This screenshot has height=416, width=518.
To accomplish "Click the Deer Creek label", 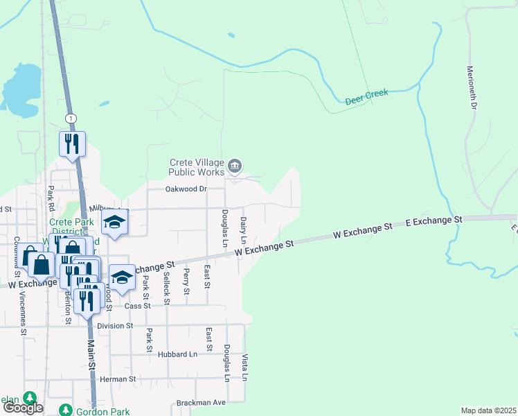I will pos(366,96).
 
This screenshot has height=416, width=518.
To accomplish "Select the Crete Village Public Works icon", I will pos(235,166).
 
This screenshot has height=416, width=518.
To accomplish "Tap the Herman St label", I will pos(118,379).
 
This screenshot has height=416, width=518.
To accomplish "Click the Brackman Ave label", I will pos(201,402).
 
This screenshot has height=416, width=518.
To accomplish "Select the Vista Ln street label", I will pos(245,367).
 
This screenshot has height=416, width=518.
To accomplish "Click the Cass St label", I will pos(138,306).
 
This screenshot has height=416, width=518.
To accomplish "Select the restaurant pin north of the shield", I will pos(72,144).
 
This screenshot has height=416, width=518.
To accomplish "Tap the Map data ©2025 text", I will pos(489,410).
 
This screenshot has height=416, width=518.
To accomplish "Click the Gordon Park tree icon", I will pos(65,410).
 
